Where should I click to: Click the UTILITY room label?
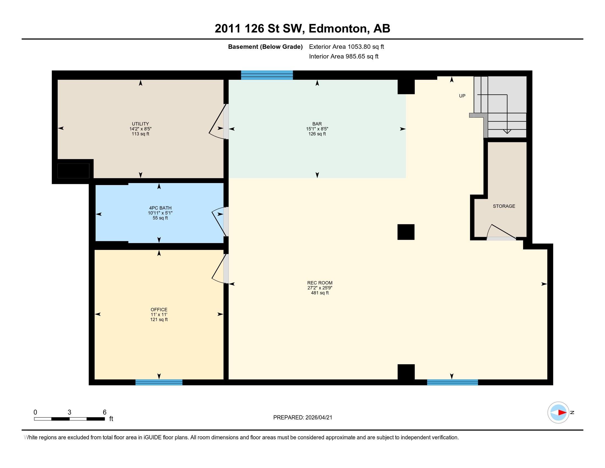pos(141,124)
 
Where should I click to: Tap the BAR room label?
pos(317,124)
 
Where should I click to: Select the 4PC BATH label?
pos(160,208)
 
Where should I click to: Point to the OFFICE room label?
pos(159,309)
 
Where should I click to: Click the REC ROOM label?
pos(320,283)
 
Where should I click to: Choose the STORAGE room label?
pos(504,206)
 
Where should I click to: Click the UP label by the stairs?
pos(462,96)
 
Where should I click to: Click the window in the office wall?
pos(159,382)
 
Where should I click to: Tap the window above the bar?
pos(267,75)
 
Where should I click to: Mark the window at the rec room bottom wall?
pos(452,382)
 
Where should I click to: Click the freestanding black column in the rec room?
pos(406,232)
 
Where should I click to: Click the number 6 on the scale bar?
pos(105,412)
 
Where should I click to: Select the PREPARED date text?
pos(302,417)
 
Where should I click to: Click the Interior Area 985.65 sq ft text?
pos(344,56)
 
